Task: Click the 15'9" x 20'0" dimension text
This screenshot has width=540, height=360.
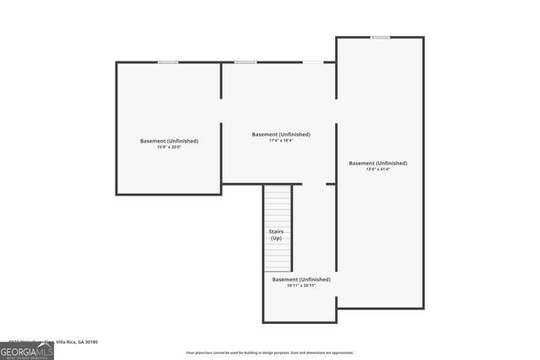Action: click(x=169, y=148)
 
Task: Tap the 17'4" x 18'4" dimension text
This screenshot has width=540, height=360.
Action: click(x=281, y=141)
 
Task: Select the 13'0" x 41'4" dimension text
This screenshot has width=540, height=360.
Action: click(x=378, y=169)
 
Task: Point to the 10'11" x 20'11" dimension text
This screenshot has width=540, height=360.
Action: click(x=300, y=286)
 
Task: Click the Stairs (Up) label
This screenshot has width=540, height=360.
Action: click(x=276, y=234)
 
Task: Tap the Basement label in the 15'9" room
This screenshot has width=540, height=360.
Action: click(x=169, y=141)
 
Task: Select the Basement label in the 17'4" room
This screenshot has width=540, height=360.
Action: click(x=281, y=134)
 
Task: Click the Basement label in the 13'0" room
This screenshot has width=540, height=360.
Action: click(x=378, y=163)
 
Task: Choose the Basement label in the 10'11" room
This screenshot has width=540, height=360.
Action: click(x=300, y=279)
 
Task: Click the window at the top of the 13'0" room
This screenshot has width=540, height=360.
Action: click(x=380, y=37)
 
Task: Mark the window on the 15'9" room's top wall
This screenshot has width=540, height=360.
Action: click(x=168, y=62)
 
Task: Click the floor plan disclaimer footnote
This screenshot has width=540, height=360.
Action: click(x=270, y=353)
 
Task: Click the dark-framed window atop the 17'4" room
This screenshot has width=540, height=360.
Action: click(x=246, y=62)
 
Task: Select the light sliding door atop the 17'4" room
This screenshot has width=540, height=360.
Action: click(x=312, y=62)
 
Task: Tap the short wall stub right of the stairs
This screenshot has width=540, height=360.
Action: click(x=330, y=184)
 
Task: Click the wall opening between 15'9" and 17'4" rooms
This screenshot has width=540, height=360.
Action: click(x=221, y=110)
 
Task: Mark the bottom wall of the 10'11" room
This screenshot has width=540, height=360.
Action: click(x=300, y=322)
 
